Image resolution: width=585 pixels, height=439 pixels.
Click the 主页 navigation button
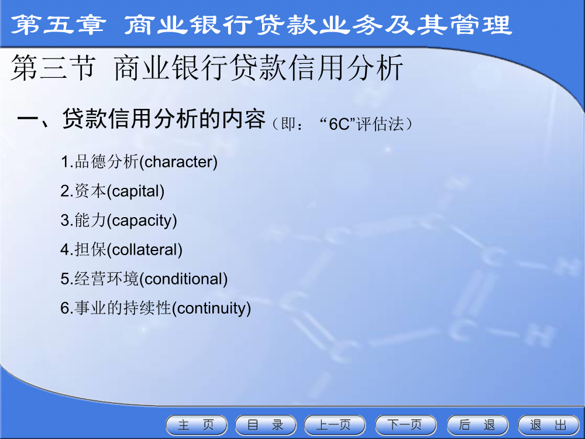point(197,425)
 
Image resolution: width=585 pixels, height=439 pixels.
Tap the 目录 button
point(266,425)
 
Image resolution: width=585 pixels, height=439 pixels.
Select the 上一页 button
point(335,425)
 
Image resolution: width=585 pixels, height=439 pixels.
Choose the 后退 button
point(477,425)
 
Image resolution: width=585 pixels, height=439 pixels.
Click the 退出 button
point(549,425)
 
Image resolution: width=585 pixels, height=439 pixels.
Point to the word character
point(178,162)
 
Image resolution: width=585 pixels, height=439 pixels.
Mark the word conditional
point(184,279)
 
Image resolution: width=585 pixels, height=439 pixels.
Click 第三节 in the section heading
point(53,67)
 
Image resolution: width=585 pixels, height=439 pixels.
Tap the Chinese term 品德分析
point(106,162)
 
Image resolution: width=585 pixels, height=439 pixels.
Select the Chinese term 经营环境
point(106,279)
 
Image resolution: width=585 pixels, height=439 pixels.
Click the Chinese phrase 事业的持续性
point(123,308)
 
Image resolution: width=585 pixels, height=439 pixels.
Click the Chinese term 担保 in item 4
point(91,250)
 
